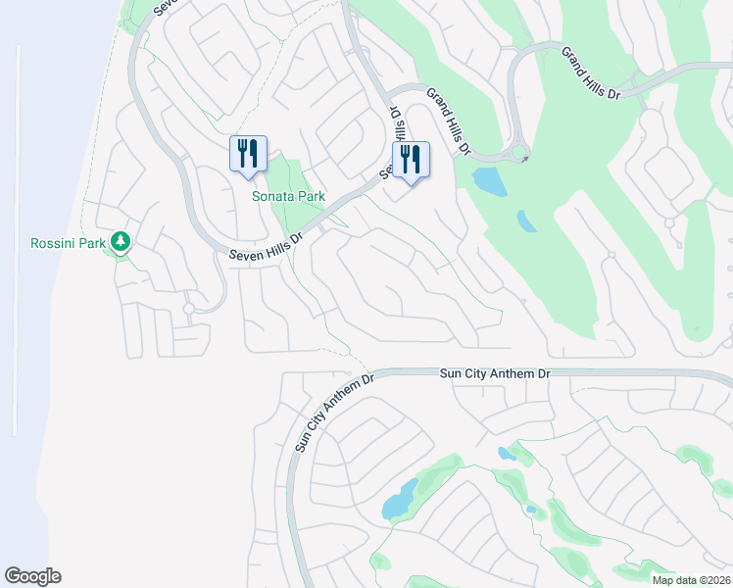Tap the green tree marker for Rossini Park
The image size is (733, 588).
tap(121, 240)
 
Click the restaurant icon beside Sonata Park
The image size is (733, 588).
tap(248, 153)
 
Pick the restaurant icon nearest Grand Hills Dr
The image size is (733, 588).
tap(411, 159)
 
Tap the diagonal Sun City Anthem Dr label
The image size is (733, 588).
tap(327, 413)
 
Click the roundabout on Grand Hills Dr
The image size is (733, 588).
tap(519, 153)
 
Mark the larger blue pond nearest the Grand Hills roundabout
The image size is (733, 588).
tap(489, 181)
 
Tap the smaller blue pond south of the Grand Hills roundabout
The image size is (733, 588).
tap(526, 221)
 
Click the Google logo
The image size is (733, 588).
tap(32, 576)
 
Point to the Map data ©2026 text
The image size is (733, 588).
tap(690, 580)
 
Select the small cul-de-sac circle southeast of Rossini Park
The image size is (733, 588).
tap(188, 309)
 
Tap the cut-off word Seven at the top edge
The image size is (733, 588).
tap(168, 7)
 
